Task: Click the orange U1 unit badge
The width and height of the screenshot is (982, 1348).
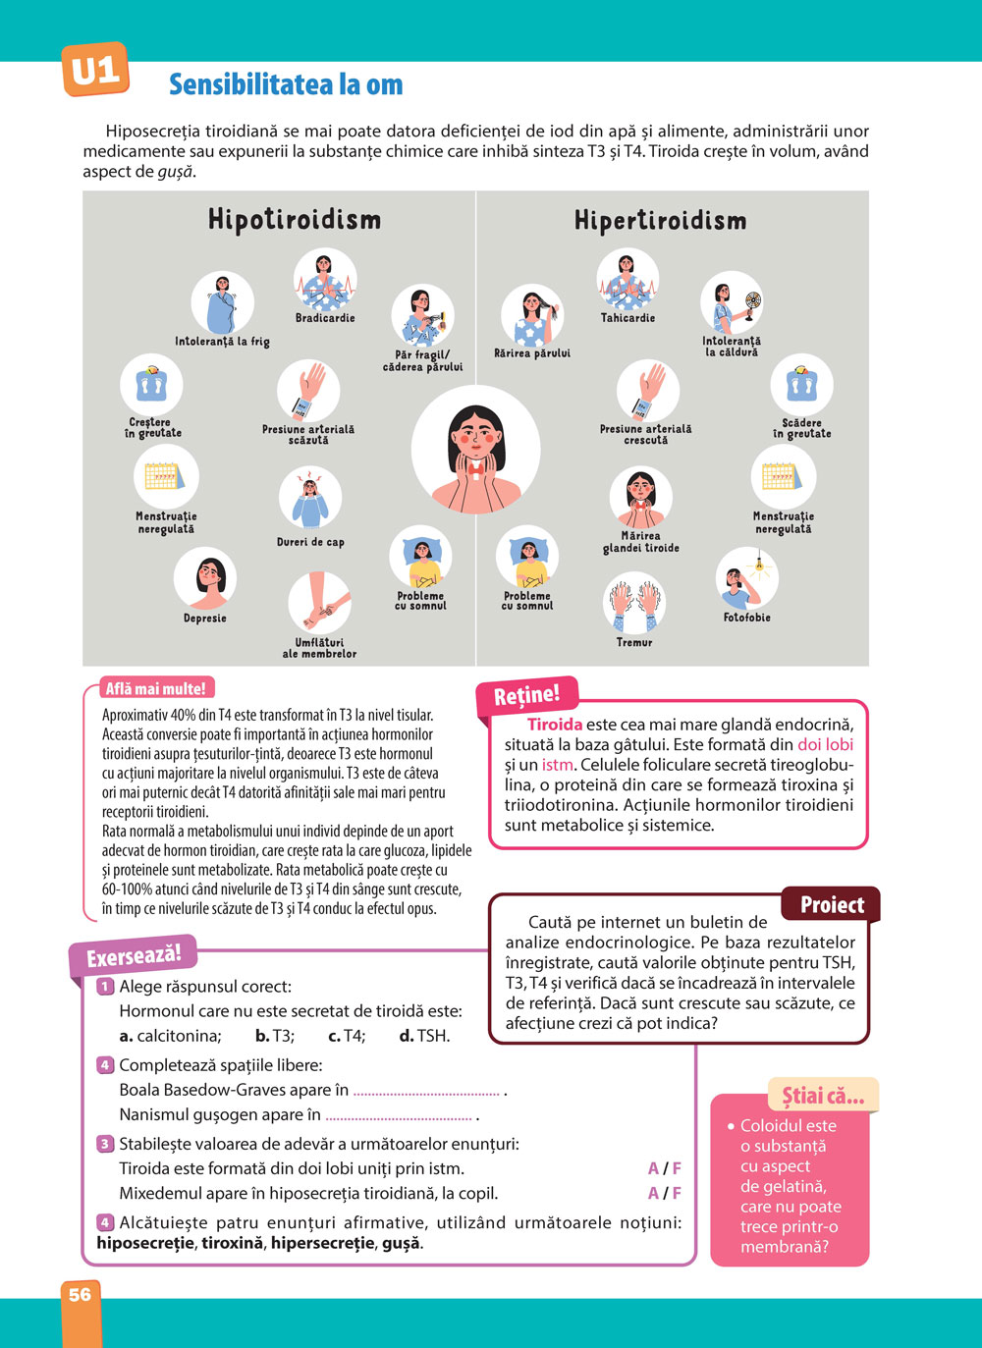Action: coord(95,70)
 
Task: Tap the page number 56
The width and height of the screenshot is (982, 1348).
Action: coord(81,1295)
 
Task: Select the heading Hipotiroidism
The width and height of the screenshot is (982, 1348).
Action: coord(294,219)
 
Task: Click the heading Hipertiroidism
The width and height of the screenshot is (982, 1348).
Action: coord(660,220)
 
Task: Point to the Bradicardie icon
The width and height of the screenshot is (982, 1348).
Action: coord(325,279)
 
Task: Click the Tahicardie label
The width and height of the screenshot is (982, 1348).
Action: coord(627,318)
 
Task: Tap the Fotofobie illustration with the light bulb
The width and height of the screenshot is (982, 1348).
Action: coord(747,579)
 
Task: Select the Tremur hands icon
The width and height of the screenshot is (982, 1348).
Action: coord(634,603)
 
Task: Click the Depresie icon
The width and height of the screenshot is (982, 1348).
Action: coord(205,579)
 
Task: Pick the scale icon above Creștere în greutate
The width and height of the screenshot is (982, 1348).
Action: coord(152,385)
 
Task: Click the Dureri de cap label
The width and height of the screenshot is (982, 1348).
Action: coord(310,542)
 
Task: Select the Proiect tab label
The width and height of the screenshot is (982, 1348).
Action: coord(832,904)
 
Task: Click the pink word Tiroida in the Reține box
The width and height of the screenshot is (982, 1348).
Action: coord(555,725)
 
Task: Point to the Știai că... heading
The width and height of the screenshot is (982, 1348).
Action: coord(823,1097)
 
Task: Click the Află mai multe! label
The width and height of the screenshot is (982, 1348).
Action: coord(156,689)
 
